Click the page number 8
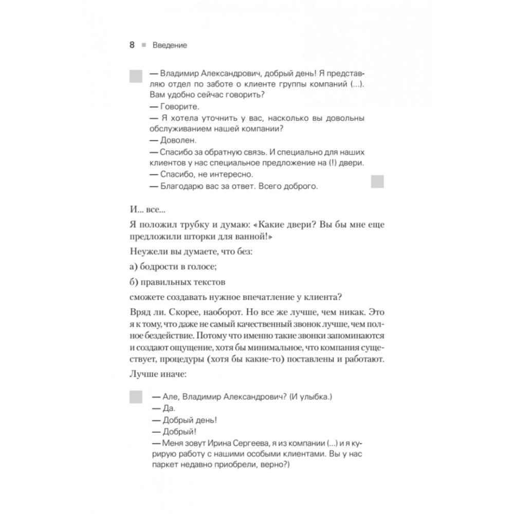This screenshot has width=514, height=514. [132, 45]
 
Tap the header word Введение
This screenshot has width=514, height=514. [170, 45]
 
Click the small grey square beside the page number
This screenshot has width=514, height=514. [144, 45]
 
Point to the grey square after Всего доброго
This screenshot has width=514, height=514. [377, 180]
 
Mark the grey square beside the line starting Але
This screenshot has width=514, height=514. [135, 397]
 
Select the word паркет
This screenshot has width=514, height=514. [163, 465]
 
